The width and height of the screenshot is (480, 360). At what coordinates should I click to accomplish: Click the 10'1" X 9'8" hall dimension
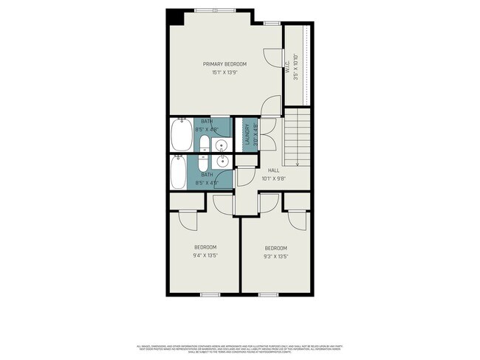pos(273,179)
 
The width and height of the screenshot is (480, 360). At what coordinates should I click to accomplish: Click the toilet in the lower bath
pos(205,162)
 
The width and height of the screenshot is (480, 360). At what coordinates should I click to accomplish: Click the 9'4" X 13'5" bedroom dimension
pos(205,255)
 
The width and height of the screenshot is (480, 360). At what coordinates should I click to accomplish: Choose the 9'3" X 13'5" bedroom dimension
pos(275,256)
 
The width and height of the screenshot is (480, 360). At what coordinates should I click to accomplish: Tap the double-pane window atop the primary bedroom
pos(216,10)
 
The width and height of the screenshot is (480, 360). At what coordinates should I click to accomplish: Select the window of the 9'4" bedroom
pos(210,294)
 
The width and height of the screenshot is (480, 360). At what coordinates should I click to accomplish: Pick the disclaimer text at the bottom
pos(239,348)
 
